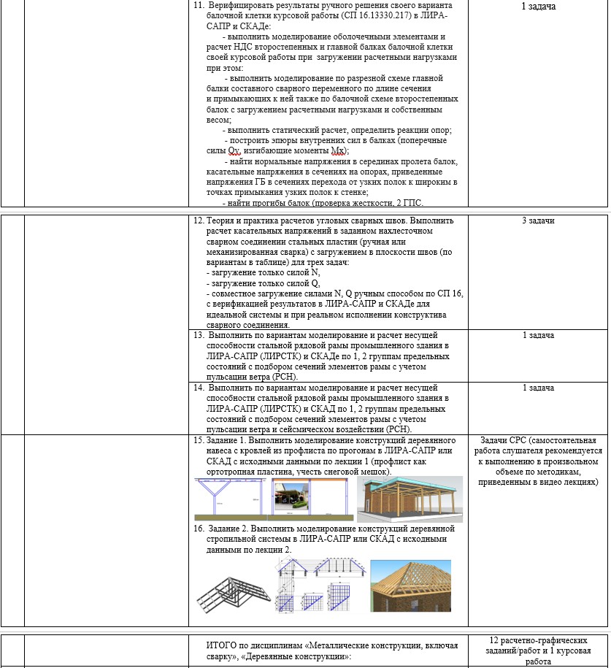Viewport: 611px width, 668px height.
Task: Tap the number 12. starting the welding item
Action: [199, 220]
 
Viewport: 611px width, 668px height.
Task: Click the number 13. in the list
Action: [199, 335]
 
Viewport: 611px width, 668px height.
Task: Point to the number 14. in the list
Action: [199, 388]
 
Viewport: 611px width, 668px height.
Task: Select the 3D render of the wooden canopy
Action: [410, 499]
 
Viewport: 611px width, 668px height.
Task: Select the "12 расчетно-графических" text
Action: [538, 640]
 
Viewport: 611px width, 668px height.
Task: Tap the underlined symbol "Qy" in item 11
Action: [234, 151]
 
